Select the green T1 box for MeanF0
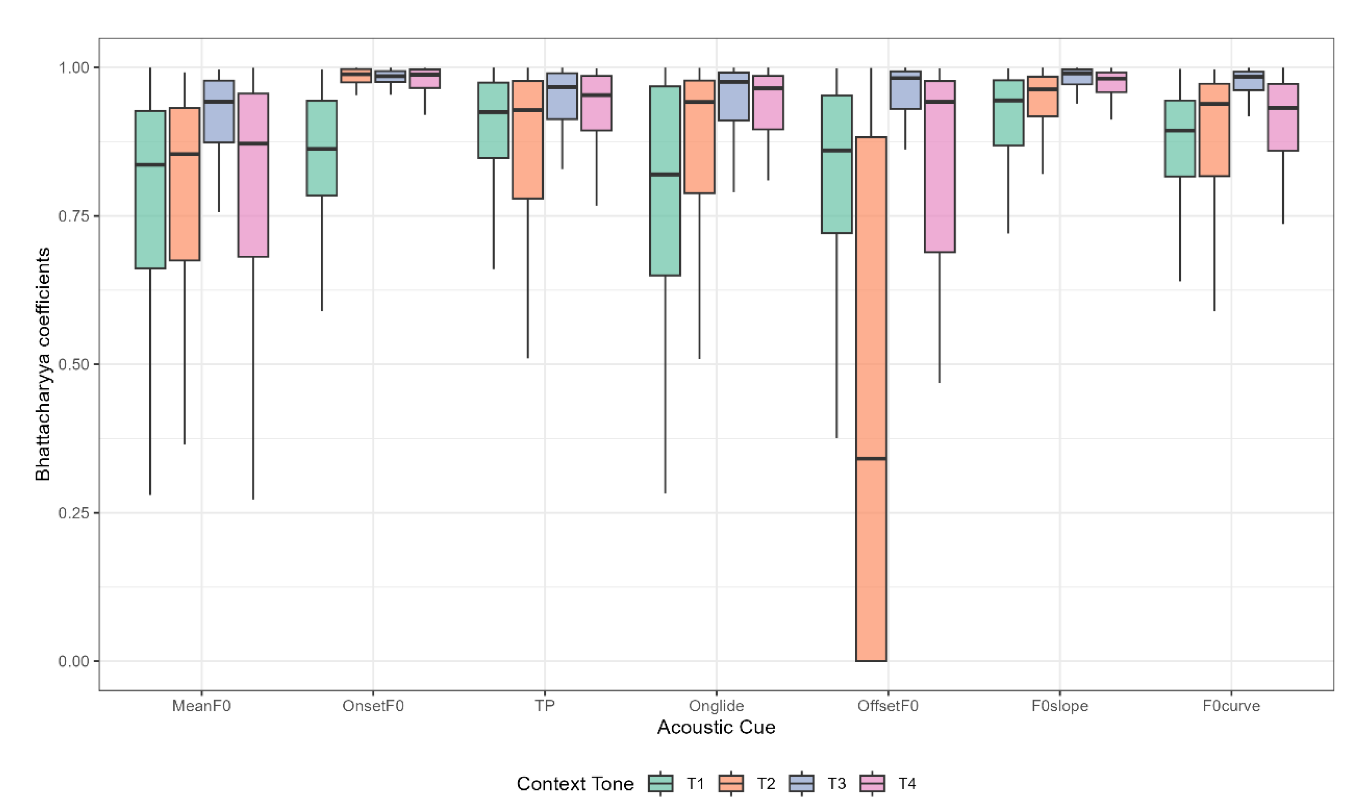150,218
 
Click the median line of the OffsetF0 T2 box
871,458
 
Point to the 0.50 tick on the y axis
96,364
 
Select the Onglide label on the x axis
716,706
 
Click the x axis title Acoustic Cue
716,727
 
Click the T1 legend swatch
660,784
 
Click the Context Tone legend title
575,784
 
